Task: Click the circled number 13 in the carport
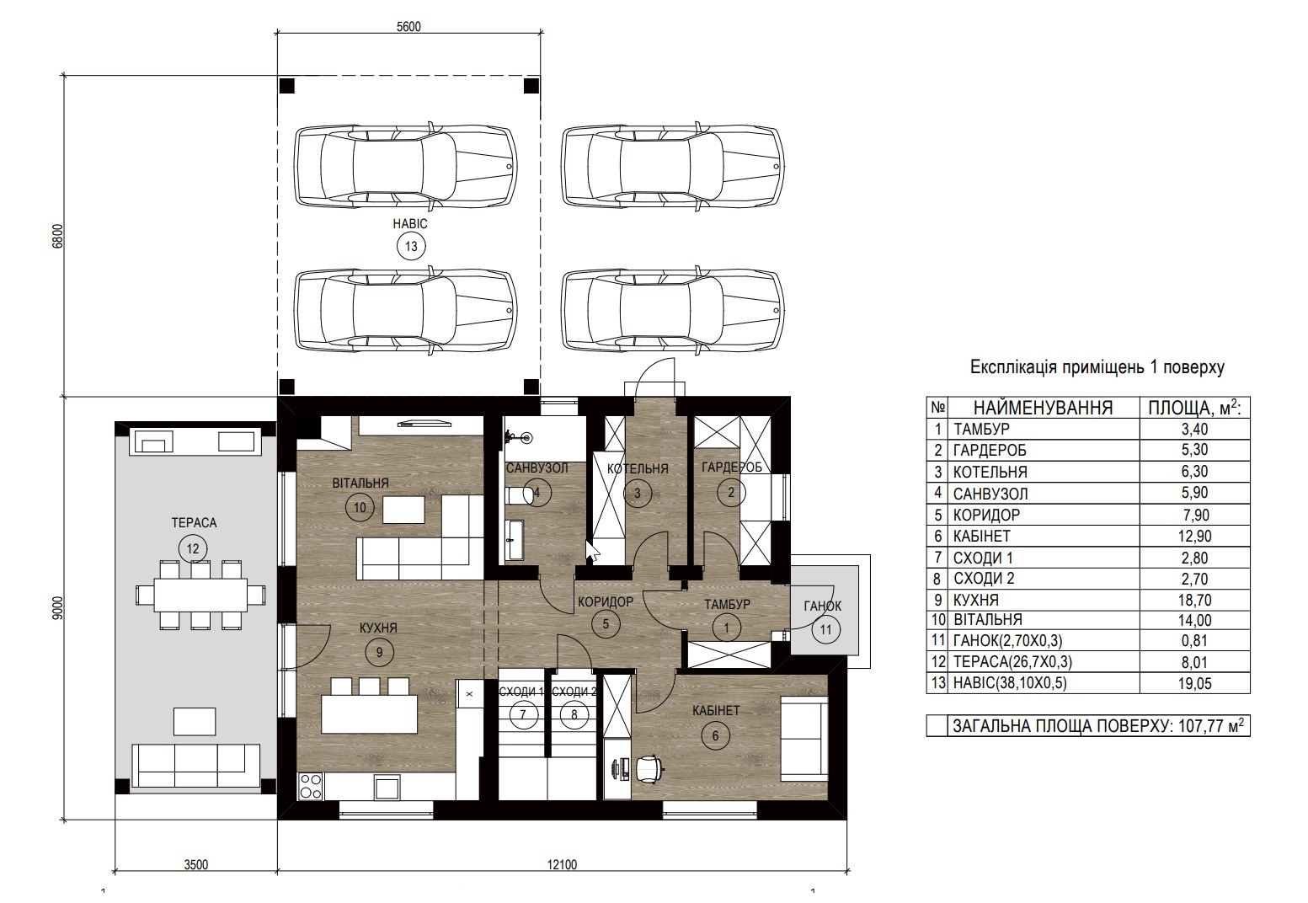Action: [x=411, y=247]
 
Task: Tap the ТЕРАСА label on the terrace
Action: [x=194, y=523]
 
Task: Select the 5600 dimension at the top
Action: [x=408, y=27]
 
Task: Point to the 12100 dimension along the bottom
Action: [x=563, y=865]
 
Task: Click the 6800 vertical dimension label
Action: [x=57, y=237]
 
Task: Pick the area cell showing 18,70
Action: [x=1194, y=600]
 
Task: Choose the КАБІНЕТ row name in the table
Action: [x=981, y=536]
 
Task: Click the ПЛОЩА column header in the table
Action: [x=1194, y=408]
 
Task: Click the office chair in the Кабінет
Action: [x=649, y=768]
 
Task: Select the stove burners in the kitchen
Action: [x=309, y=786]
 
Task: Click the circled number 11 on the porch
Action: [x=825, y=629]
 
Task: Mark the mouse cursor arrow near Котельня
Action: [x=591, y=549]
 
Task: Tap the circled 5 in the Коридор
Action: [x=606, y=624]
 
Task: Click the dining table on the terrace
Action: [x=200, y=595]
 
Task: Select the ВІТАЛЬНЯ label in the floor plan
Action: [x=360, y=483]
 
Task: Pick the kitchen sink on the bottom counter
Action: [x=387, y=788]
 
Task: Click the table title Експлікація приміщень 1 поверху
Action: [x=1097, y=367]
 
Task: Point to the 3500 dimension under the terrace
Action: [x=195, y=865]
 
